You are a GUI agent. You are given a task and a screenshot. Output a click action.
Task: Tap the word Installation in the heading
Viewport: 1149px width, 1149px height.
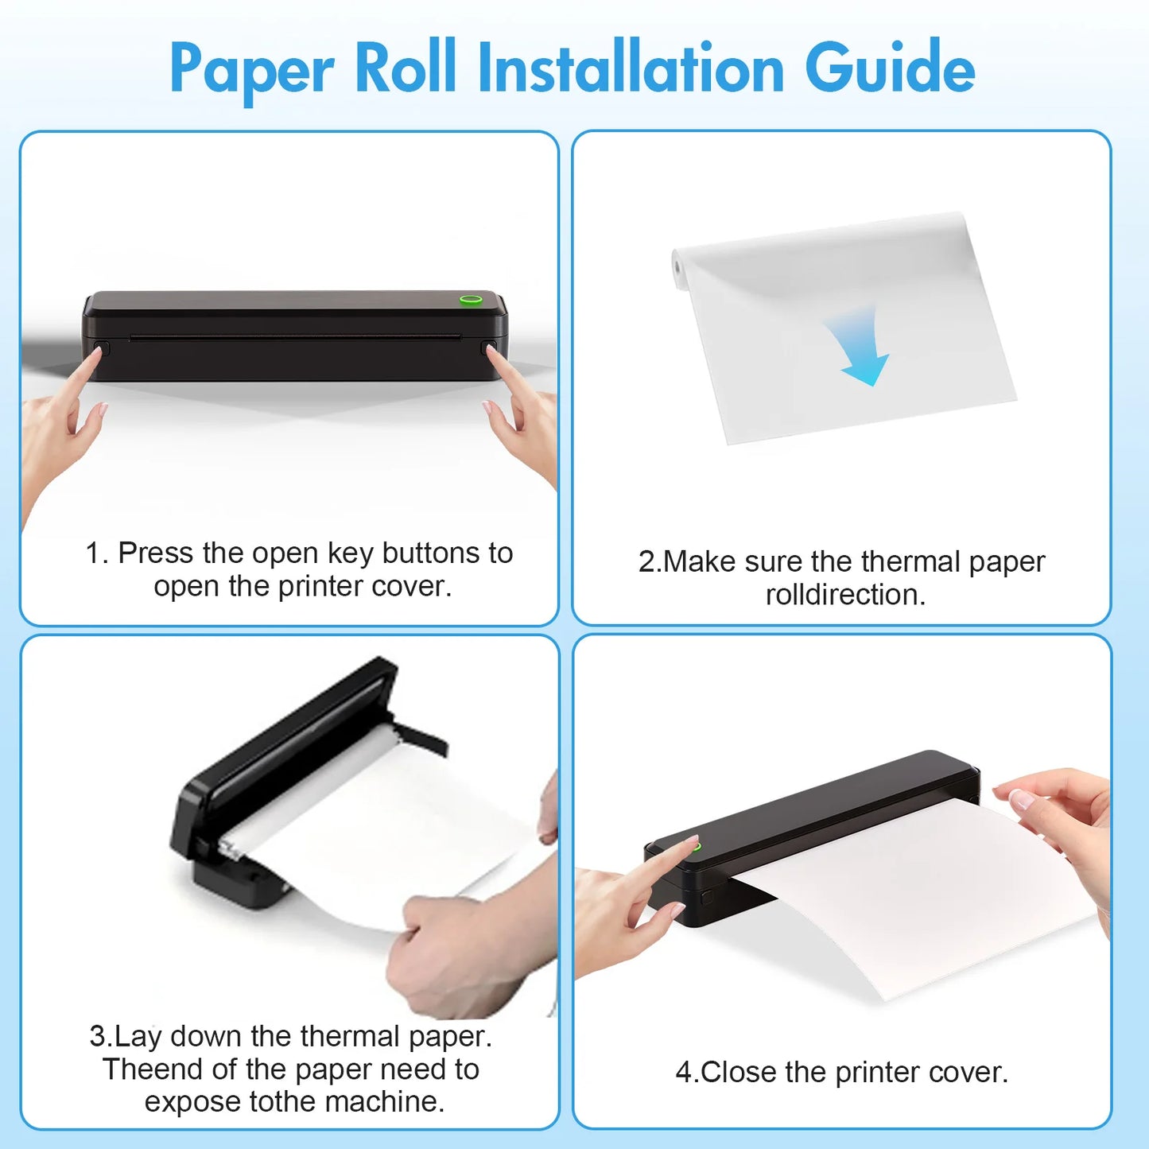(631, 68)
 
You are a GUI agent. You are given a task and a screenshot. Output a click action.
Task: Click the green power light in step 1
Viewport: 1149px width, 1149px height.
(470, 301)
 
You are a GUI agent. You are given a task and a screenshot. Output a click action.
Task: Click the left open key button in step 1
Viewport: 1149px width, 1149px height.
(102, 347)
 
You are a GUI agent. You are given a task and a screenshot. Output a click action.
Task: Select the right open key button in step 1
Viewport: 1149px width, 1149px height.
(488, 347)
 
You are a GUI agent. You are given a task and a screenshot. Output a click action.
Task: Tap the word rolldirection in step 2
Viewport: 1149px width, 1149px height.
(844, 595)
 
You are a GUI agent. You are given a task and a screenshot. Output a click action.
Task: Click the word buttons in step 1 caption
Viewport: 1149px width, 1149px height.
(425, 553)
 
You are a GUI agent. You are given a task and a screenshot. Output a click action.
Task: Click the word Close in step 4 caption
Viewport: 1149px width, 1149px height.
(739, 1073)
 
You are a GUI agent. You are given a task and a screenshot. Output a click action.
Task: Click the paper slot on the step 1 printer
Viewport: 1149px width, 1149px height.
(294, 337)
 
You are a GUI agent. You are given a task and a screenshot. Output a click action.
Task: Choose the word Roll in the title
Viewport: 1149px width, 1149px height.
(405, 68)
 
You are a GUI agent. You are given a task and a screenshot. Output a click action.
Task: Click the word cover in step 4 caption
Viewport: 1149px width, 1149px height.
(968, 1073)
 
